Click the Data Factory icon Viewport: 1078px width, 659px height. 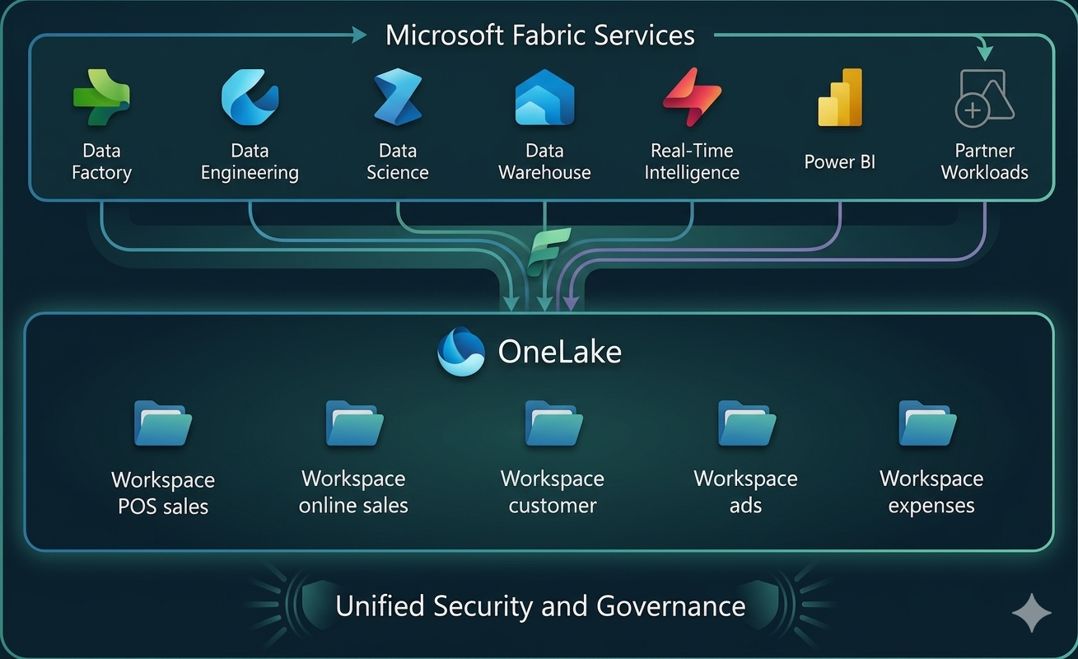tap(101, 98)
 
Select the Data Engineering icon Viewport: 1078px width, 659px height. tap(250, 97)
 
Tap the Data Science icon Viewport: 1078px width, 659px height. tap(398, 97)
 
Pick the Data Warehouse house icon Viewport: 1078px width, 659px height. tap(544, 97)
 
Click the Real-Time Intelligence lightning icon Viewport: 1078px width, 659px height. tap(692, 97)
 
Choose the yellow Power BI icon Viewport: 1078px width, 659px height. tap(840, 97)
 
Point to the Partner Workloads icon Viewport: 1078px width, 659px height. tap(984, 98)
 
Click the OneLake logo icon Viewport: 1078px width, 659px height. tap(461, 352)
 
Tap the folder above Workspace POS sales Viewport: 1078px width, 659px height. tap(163, 423)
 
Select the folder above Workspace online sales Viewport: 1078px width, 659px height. tap(354, 423)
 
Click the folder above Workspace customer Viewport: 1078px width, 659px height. tap(553, 423)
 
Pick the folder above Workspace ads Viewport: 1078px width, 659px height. tap(746, 423)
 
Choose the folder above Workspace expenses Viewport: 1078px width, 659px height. tap(927, 423)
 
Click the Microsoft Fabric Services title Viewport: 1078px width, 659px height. tap(540, 35)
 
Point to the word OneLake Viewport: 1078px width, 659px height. tap(560, 353)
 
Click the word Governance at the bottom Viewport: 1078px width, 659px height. tap(670, 606)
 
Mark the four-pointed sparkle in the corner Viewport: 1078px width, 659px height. tap(1031, 614)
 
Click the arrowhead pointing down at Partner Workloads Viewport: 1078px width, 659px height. tap(984, 54)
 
